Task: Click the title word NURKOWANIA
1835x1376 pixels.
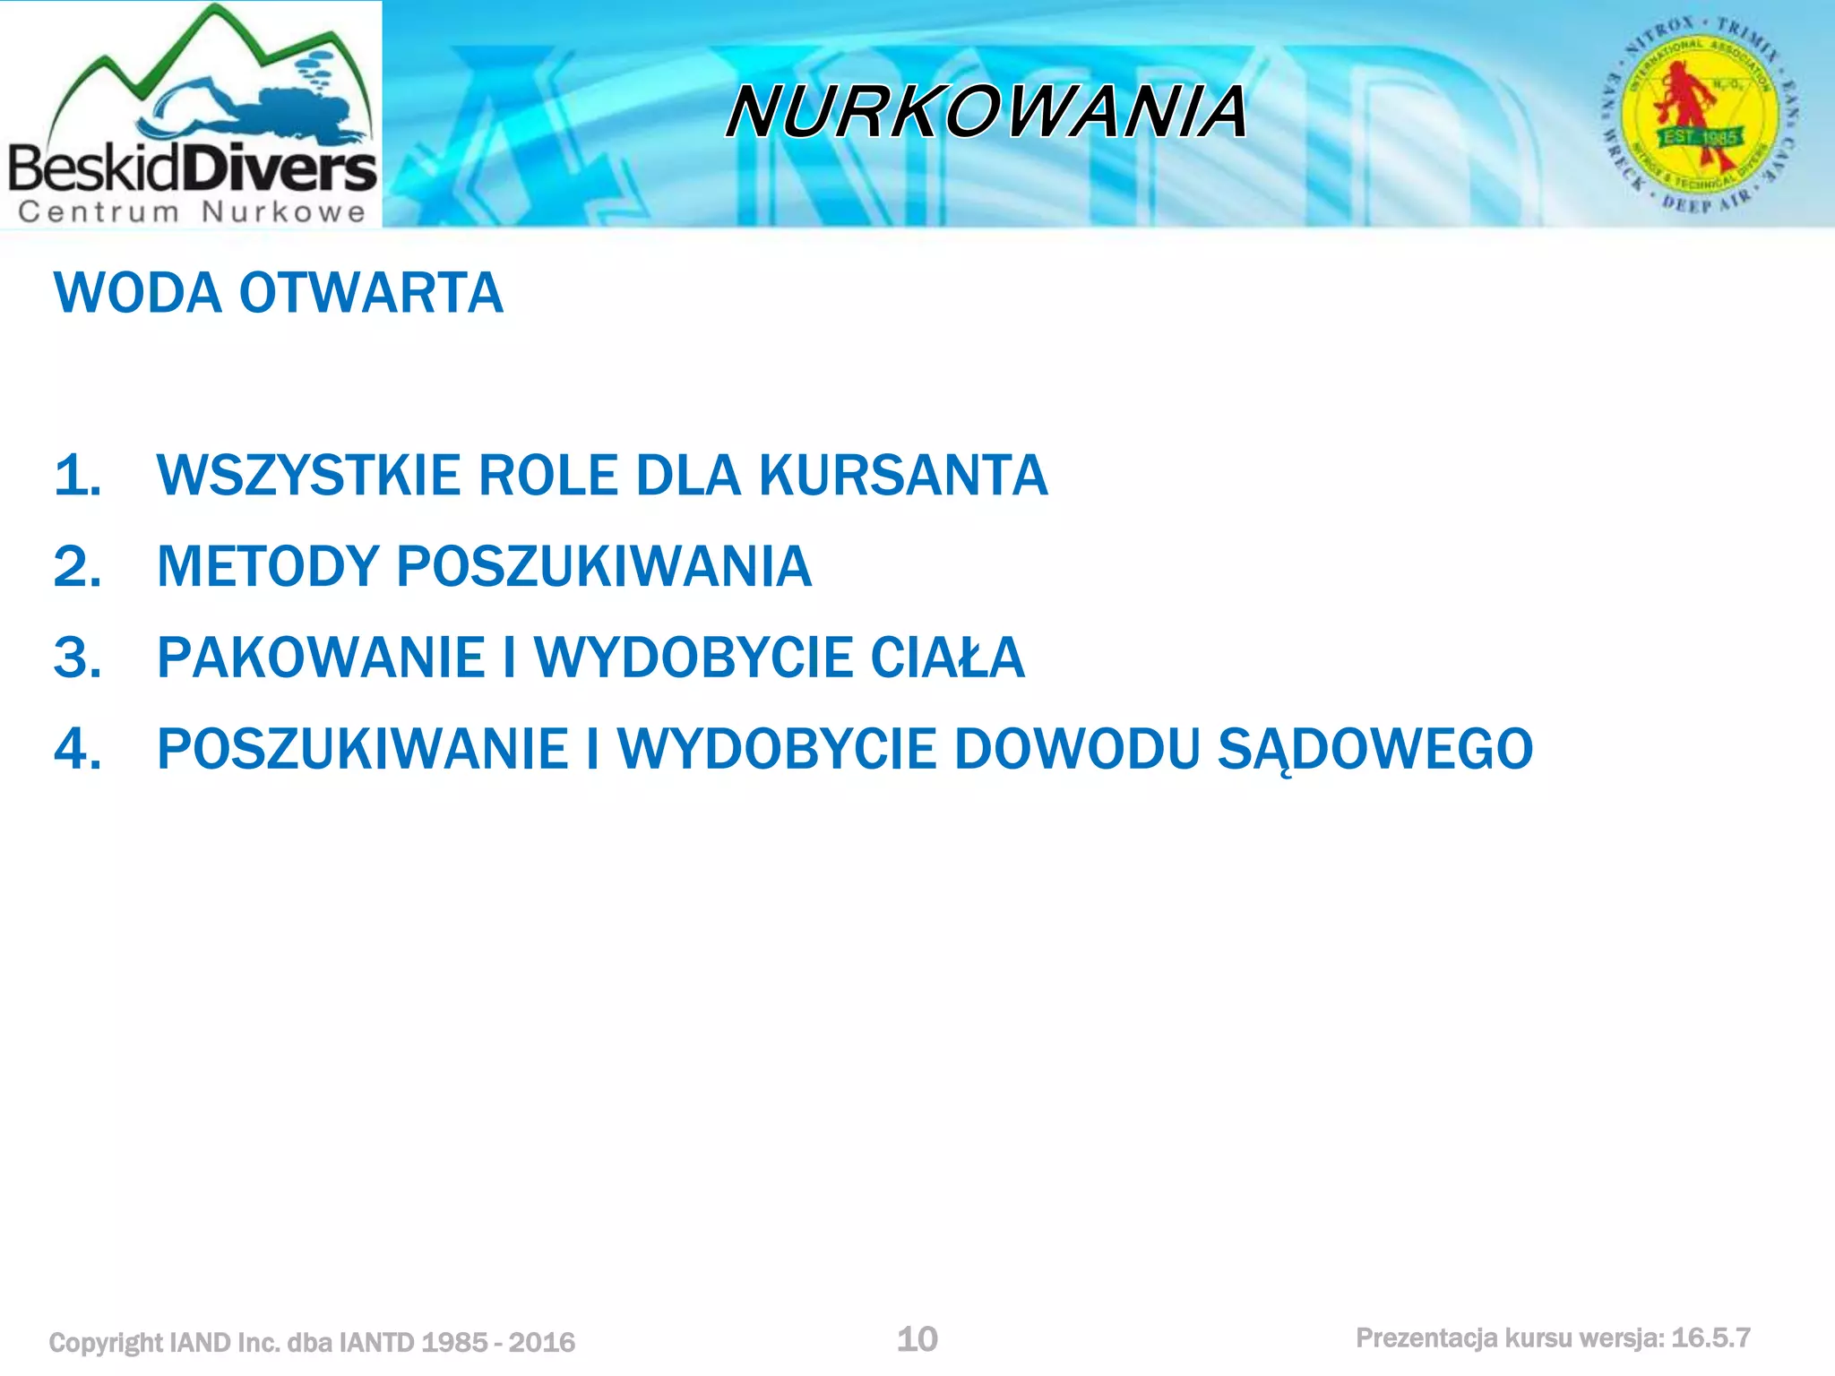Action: coord(986,112)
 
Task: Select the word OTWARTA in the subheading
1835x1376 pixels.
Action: coord(371,293)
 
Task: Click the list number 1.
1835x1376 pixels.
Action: coord(77,475)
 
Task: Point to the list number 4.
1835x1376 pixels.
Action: coord(77,749)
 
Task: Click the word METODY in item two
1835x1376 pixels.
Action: coord(268,566)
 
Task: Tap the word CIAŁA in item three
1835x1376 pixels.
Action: coord(947,658)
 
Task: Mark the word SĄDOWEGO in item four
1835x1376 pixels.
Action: coord(1374,749)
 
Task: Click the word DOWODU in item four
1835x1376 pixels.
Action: coord(1076,749)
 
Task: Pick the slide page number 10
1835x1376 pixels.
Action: coord(917,1339)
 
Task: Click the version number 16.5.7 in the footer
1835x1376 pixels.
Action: coord(1710,1338)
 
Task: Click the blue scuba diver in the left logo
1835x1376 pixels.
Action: coord(269,112)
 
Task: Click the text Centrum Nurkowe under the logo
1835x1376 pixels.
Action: coord(192,212)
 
